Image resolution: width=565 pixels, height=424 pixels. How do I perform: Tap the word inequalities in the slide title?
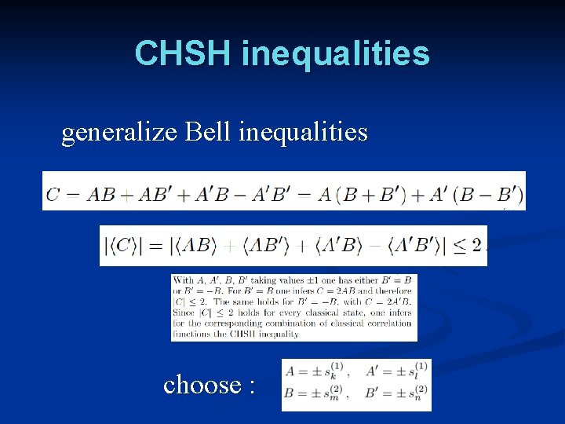(x=336, y=53)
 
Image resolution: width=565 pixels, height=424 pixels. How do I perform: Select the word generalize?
(x=120, y=133)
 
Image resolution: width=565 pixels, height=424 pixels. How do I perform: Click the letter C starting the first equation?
(x=53, y=193)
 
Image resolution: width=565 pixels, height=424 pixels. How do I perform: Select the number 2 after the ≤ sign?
(x=476, y=246)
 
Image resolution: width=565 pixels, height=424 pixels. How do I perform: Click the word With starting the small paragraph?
(x=184, y=280)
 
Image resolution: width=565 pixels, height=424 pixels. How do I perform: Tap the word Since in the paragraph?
(x=184, y=313)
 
